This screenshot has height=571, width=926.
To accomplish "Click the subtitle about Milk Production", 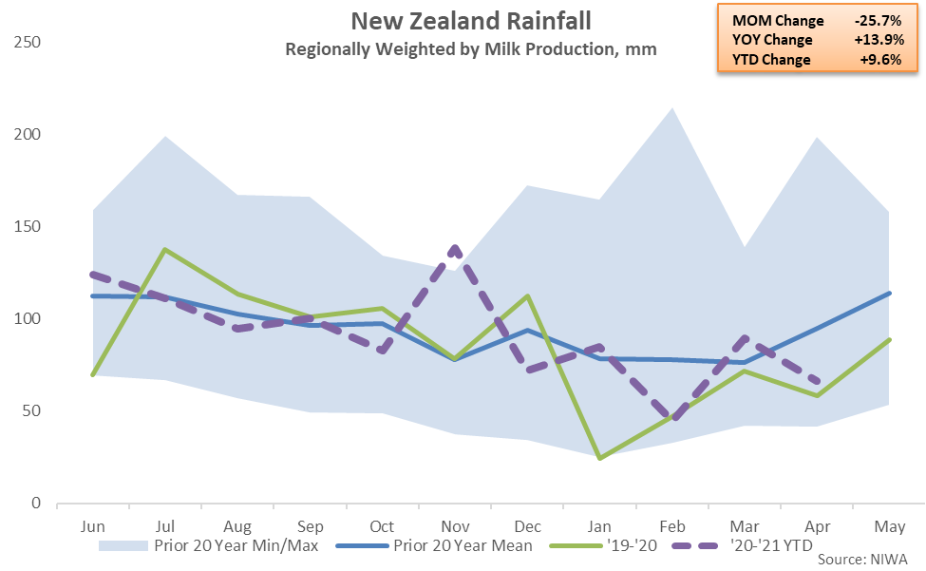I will coord(471,48).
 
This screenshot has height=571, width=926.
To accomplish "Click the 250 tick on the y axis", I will coord(28,44).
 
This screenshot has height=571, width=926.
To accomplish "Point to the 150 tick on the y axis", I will coord(28,227).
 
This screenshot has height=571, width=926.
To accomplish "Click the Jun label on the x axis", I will coord(93,524).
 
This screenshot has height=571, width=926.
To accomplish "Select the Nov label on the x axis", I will coord(454,524).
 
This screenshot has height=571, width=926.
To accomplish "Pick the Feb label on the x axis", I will coord(671,524).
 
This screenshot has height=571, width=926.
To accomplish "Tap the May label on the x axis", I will coord(888,524).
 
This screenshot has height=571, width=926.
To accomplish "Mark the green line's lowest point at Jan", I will coord(599,458).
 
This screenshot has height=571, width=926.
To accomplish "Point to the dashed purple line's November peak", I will coord(455,248).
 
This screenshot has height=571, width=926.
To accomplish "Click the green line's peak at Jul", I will coord(165,250).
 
